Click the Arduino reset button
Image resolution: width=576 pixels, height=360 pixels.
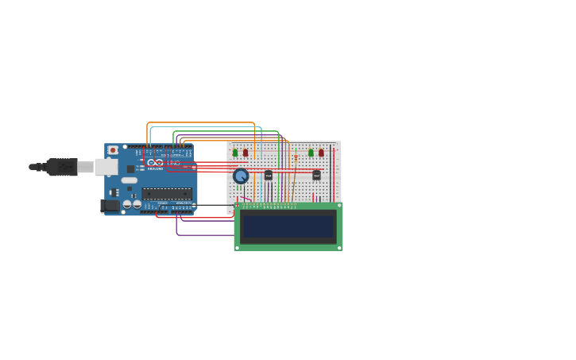click(x=113, y=149)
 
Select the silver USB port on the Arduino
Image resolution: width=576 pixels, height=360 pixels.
click(x=106, y=167)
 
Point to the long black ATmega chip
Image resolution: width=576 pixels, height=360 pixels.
click(x=167, y=193)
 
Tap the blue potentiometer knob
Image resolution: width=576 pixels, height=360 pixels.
click(x=241, y=176)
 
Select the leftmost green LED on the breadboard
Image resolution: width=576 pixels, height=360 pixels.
click(x=235, y=153)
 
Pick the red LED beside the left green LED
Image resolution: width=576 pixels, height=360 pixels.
click(x=245, y=153)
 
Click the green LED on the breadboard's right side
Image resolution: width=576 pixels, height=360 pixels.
click(x=311, y=153)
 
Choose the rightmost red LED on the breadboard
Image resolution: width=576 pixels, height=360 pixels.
click(x=321, y=153)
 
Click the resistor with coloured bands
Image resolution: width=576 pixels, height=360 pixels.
click(x=296, y=157)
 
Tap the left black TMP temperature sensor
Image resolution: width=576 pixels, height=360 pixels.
click(x=269, y=175)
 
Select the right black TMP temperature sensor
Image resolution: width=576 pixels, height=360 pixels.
click(x=316, y=175)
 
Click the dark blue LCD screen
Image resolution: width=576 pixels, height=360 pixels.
click(x=288, y=226)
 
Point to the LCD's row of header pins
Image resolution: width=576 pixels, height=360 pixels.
click(x=269, y=206)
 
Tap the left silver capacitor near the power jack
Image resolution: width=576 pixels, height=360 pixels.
click(x=127, y=204)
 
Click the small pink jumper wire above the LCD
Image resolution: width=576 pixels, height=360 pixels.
click(x=245, y=198)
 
